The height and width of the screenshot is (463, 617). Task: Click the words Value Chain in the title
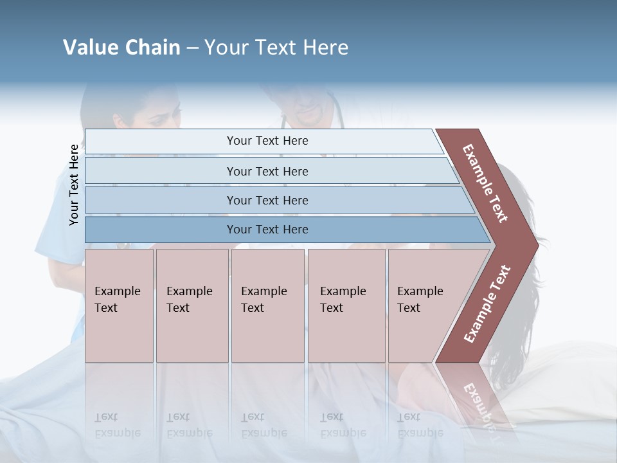pos(121,48)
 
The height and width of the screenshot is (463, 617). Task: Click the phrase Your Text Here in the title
pos(276,48)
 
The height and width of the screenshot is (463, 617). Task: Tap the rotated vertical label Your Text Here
pos(74,185)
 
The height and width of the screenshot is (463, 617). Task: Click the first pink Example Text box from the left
pos(119,305)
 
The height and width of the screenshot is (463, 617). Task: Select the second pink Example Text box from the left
pos(192,305)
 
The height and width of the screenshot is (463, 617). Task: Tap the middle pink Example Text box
pos(267,305)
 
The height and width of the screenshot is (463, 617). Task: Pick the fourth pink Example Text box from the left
pos(346,305)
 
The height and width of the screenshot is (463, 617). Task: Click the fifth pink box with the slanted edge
pos(424,305)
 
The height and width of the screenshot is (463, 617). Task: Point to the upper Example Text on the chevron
pos(485,183)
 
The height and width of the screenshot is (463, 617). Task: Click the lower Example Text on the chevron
pos(487,304)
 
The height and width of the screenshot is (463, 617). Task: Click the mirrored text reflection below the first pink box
pos(118,425)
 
